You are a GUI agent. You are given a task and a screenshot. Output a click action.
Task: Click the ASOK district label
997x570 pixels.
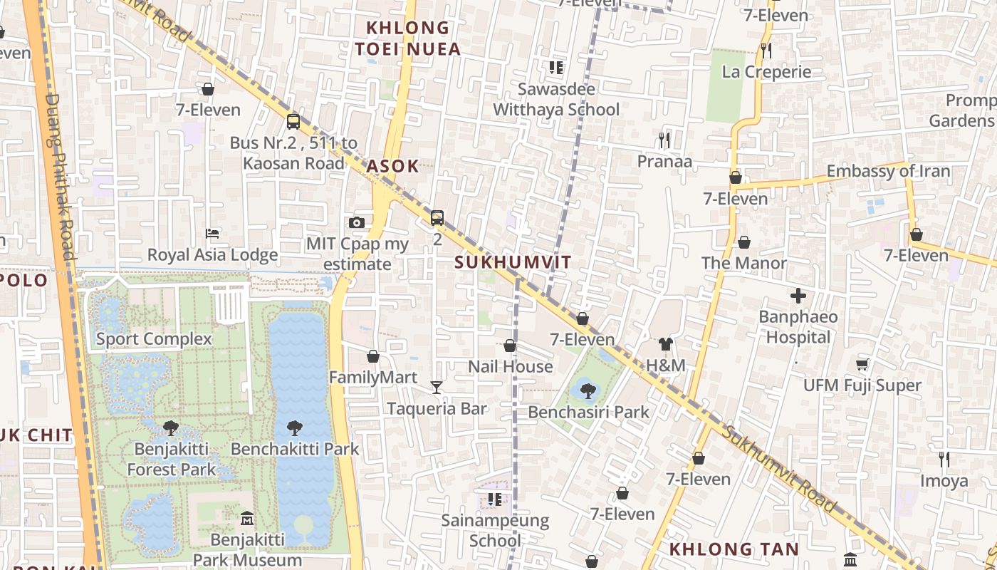[x=392, y=166]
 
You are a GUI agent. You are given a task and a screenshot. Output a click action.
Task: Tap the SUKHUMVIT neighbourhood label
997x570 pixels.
[x=513, y=262]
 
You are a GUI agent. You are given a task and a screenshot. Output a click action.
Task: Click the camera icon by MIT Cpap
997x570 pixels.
[x=357, y=223]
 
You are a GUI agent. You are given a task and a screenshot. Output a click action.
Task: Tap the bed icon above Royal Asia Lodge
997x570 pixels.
[x=212, y=233]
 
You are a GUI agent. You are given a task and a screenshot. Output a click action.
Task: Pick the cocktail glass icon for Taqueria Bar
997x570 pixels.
[x=437, y=388]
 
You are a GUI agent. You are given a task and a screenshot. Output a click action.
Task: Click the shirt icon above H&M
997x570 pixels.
[x=665, y=344]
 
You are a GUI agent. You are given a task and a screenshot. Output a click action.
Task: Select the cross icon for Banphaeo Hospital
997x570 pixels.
[x=798, y=295]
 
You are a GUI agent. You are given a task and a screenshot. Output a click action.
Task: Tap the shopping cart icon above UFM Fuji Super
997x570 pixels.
[x=862, y=364]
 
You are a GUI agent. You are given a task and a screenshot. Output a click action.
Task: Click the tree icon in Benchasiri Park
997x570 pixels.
[x=588, y=390]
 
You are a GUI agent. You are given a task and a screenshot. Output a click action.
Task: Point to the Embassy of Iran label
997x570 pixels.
[x=888, y=171]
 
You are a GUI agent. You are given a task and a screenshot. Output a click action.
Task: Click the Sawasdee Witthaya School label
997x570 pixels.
[x=556, y=99]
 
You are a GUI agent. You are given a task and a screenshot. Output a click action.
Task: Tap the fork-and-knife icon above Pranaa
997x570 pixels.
[x=664, y=140]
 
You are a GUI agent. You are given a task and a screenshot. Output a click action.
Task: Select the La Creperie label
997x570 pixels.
[x=766, y=72]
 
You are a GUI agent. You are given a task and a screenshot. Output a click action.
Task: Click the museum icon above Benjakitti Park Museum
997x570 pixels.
[x=247, y=518]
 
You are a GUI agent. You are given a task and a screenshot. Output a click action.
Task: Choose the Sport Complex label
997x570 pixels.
[x=154, y=339]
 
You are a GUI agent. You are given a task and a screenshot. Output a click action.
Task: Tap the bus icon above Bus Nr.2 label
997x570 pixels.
[x=293, y=121]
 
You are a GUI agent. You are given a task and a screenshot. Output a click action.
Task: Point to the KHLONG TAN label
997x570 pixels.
[x=734, y=549]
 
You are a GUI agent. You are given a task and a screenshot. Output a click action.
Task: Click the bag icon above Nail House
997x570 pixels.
[x=510, y=346]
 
